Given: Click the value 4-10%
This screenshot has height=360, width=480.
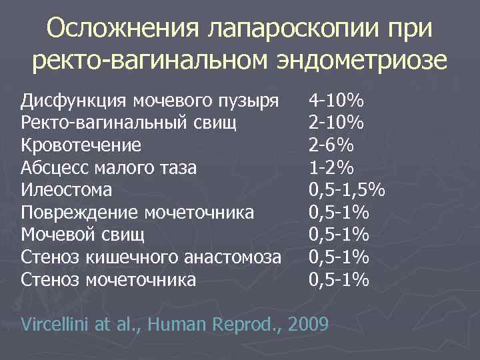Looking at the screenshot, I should [x=336, y=101].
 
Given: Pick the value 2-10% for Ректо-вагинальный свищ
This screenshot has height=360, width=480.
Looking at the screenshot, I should [x=336, y=123].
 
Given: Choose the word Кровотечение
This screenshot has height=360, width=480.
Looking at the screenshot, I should [x=81, y=145].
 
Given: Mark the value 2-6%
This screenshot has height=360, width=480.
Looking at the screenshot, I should [x=331, y=145].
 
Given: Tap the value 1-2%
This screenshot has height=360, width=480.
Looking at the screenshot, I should [x=331, y=168].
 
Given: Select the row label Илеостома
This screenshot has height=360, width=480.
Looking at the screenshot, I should [x=66, y=190].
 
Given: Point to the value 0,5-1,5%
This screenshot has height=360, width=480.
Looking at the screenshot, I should [x=347, y=190].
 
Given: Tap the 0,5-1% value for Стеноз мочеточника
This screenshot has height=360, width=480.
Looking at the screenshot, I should [x=339, y=279].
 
